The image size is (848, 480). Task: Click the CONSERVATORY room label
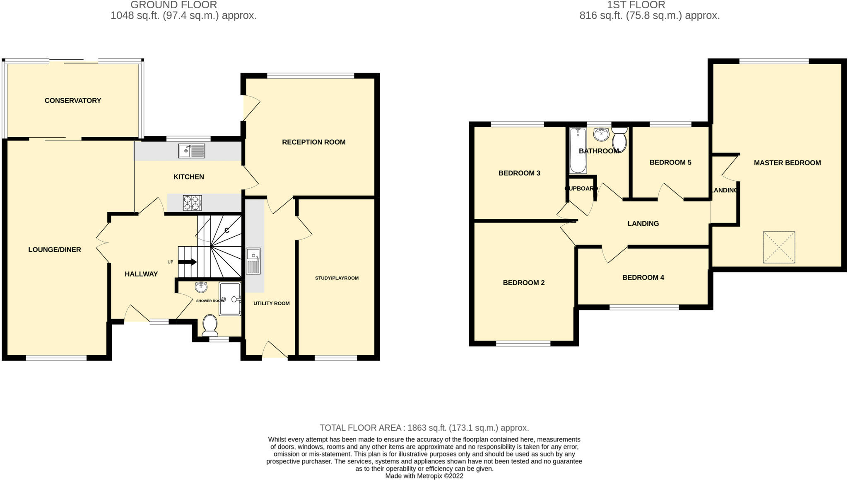click(73, 100)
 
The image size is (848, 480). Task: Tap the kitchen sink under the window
click(192, 151)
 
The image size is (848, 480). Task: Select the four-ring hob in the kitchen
click(192, 203)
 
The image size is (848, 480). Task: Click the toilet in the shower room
click(210, 325)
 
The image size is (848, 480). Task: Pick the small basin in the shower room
click(201, 286)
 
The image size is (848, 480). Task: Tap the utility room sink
click(253, 261)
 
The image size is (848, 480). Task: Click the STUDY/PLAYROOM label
click(337, 278)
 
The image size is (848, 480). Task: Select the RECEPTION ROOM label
click(314, 142)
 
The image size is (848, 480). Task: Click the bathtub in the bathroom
click(578, 150)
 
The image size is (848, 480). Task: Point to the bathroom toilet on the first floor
click(619, 139)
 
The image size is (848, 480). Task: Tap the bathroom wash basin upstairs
click(601, 134)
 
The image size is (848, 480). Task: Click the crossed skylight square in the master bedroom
click(779, 247)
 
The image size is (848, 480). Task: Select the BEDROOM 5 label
click(670, 162)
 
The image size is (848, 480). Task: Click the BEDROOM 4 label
click(643, 277)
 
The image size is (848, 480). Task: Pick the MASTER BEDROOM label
click(787, 163)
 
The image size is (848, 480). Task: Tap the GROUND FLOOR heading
click(173, 5)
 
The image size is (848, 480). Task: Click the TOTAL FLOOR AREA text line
click(424, 427)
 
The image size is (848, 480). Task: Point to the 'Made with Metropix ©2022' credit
click(424, 476)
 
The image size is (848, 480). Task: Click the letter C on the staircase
click(227, 230)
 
